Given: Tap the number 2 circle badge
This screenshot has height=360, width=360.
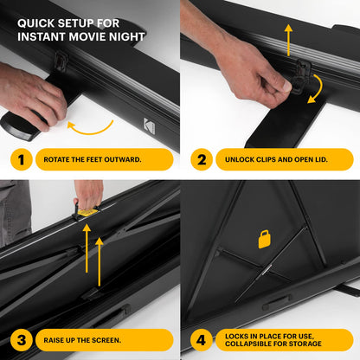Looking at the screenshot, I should (x=200, y=158).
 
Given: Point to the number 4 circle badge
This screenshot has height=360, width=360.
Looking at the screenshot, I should (x=200, y=339).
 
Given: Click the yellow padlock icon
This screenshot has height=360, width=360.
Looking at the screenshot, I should (x=265, y=239).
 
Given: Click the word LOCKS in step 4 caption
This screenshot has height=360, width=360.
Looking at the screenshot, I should (x=240, y=334).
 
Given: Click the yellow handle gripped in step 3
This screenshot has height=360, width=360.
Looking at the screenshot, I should (x=87, y=211).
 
